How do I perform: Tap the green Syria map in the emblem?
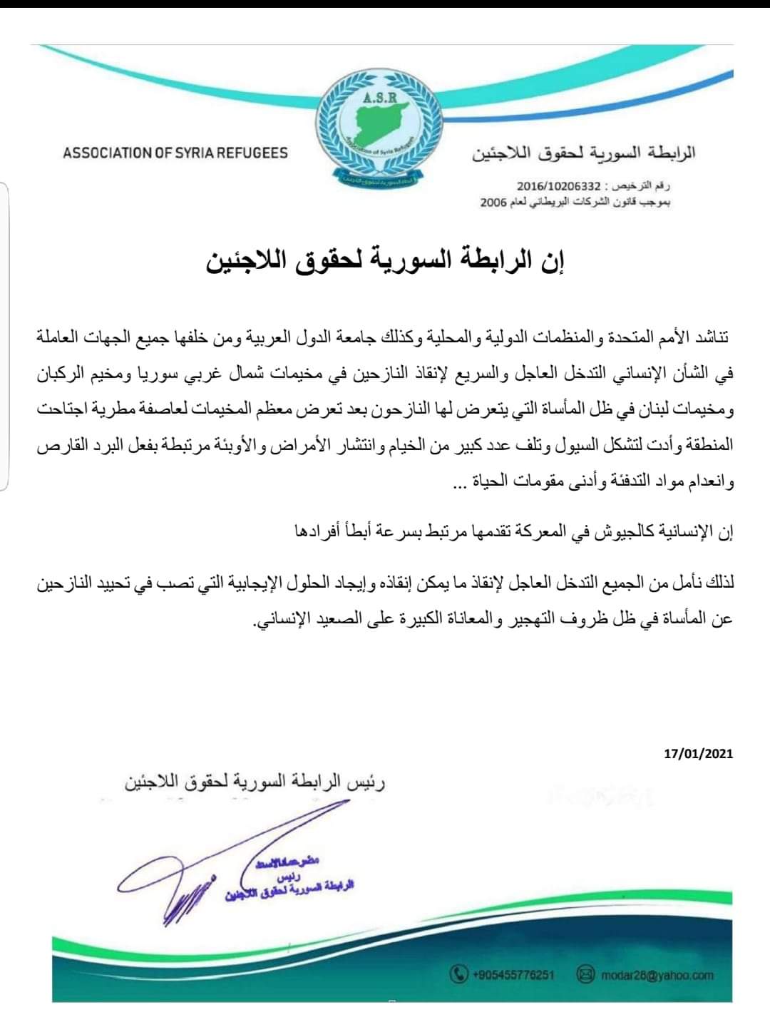[385, 124]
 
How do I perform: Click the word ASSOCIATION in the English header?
[108, 153]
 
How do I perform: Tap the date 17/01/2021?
[698, 753]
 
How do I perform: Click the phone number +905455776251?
[513, 974]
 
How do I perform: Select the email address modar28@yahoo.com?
[657, 975]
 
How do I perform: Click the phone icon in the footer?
[459, 974]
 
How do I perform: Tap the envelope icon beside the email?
[585, 974]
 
